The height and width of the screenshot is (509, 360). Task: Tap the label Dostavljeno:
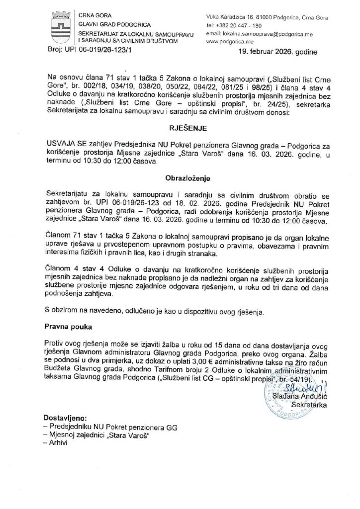tap(65, 419)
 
